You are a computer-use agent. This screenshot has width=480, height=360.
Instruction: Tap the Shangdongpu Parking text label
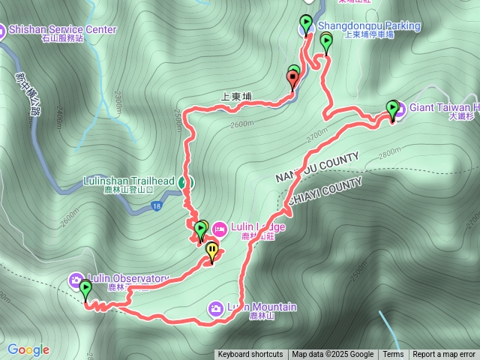369,26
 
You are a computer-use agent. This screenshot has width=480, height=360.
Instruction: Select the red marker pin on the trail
292,77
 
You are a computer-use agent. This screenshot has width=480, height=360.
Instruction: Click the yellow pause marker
212,250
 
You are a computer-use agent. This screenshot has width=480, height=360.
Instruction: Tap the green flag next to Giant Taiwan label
391,109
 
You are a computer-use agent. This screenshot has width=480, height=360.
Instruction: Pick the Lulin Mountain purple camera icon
215,307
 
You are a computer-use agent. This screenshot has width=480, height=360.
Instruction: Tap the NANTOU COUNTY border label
317,166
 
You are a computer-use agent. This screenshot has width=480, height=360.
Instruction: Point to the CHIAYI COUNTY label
324,188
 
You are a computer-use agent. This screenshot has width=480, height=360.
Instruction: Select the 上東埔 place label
237,97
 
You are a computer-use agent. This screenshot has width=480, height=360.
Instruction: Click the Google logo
28,349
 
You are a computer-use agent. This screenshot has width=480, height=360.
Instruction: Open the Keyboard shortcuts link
250,355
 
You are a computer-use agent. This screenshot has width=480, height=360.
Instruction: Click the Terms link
393,355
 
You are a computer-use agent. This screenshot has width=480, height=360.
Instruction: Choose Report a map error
444,355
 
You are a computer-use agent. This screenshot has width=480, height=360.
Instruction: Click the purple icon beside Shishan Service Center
2,30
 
